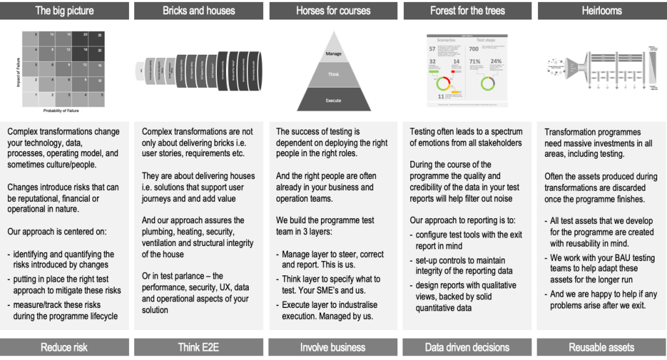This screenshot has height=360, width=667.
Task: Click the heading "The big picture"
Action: click(x=64, y=10)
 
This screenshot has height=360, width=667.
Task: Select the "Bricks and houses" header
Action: click(x=199, y=10)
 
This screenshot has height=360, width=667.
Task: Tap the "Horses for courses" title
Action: click(x=333, y=10)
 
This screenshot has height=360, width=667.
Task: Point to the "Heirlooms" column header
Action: click(x=601, y=10)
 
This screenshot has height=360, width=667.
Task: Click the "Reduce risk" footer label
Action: click(x=64, y=348)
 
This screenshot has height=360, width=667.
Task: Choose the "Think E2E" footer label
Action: click(x=199, y=348)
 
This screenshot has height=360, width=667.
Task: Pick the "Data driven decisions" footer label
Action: click(x=467, y=348)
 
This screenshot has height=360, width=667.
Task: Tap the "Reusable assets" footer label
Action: click(x=601, y=348)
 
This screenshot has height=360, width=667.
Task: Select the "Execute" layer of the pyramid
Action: click(x=333, y=101)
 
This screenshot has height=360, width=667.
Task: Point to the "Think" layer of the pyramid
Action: click(x=333, y=75)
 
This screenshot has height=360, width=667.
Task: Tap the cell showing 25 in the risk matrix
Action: click(x=99, y=35)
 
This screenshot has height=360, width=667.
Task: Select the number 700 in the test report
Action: click(x=474, y=49)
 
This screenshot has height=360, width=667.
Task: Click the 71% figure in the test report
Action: click(x=474, y=62)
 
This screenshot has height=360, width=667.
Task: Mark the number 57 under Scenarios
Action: click(x=432, y=49)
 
